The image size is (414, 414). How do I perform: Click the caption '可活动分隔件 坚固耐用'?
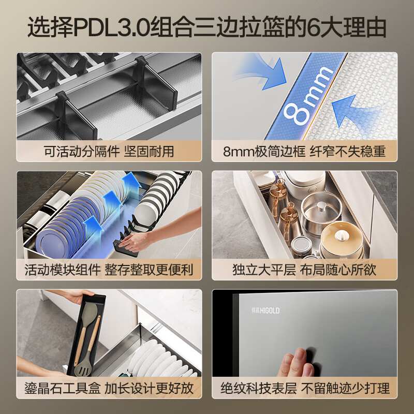coord(109,152)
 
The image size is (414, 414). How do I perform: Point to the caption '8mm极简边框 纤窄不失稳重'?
coord(304,152)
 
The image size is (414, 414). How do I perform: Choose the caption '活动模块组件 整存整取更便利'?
coord(109,270)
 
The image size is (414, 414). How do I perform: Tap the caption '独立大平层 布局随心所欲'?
coord(304,270)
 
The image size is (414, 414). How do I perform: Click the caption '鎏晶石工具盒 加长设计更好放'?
coord(109,388)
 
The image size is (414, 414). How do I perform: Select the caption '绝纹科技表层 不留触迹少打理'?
coord(305,388)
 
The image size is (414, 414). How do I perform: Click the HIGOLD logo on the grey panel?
coord(265,310)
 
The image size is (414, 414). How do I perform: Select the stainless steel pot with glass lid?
coord(321,211)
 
